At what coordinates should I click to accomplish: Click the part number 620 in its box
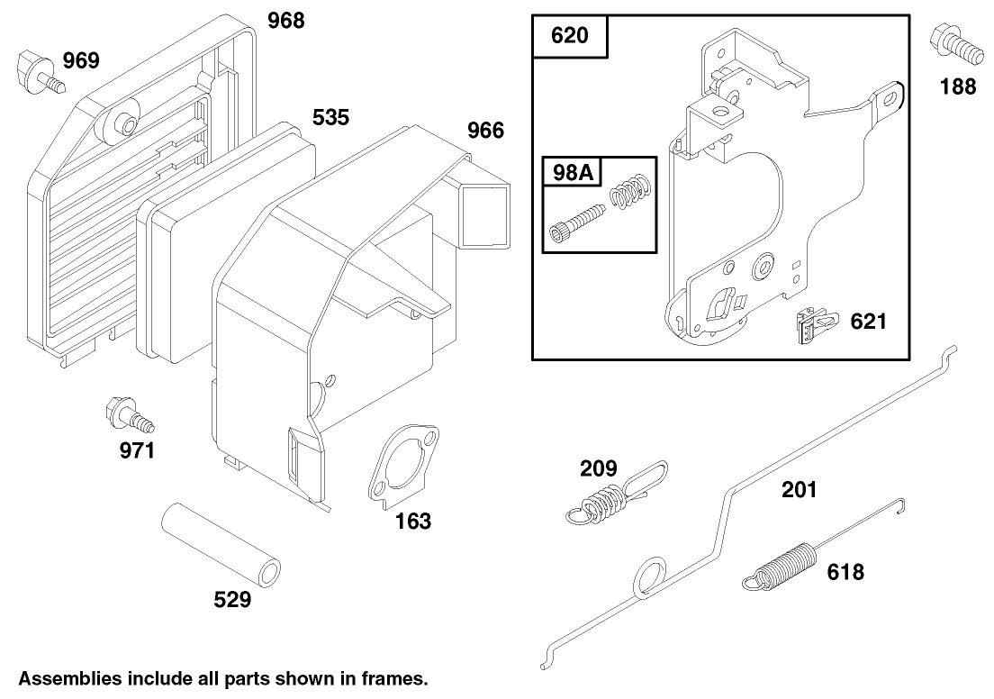(x=569, y=36)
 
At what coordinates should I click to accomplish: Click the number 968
(x=285, y=20)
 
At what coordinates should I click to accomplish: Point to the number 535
(x=330, y=118)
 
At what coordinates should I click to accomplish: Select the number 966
(x=485, y=131)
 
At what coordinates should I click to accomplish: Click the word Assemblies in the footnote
(x=71, y=677)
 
